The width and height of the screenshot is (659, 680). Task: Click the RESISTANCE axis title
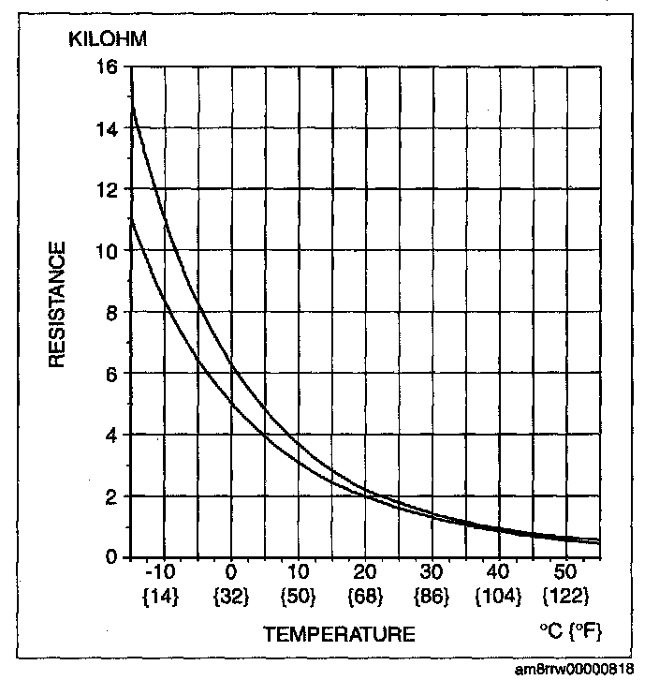click(58, 305)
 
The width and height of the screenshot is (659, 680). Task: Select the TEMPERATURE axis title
click(339, 634)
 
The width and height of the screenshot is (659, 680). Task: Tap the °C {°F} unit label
click(570, 633)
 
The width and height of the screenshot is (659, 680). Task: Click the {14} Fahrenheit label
click(164, 595)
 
